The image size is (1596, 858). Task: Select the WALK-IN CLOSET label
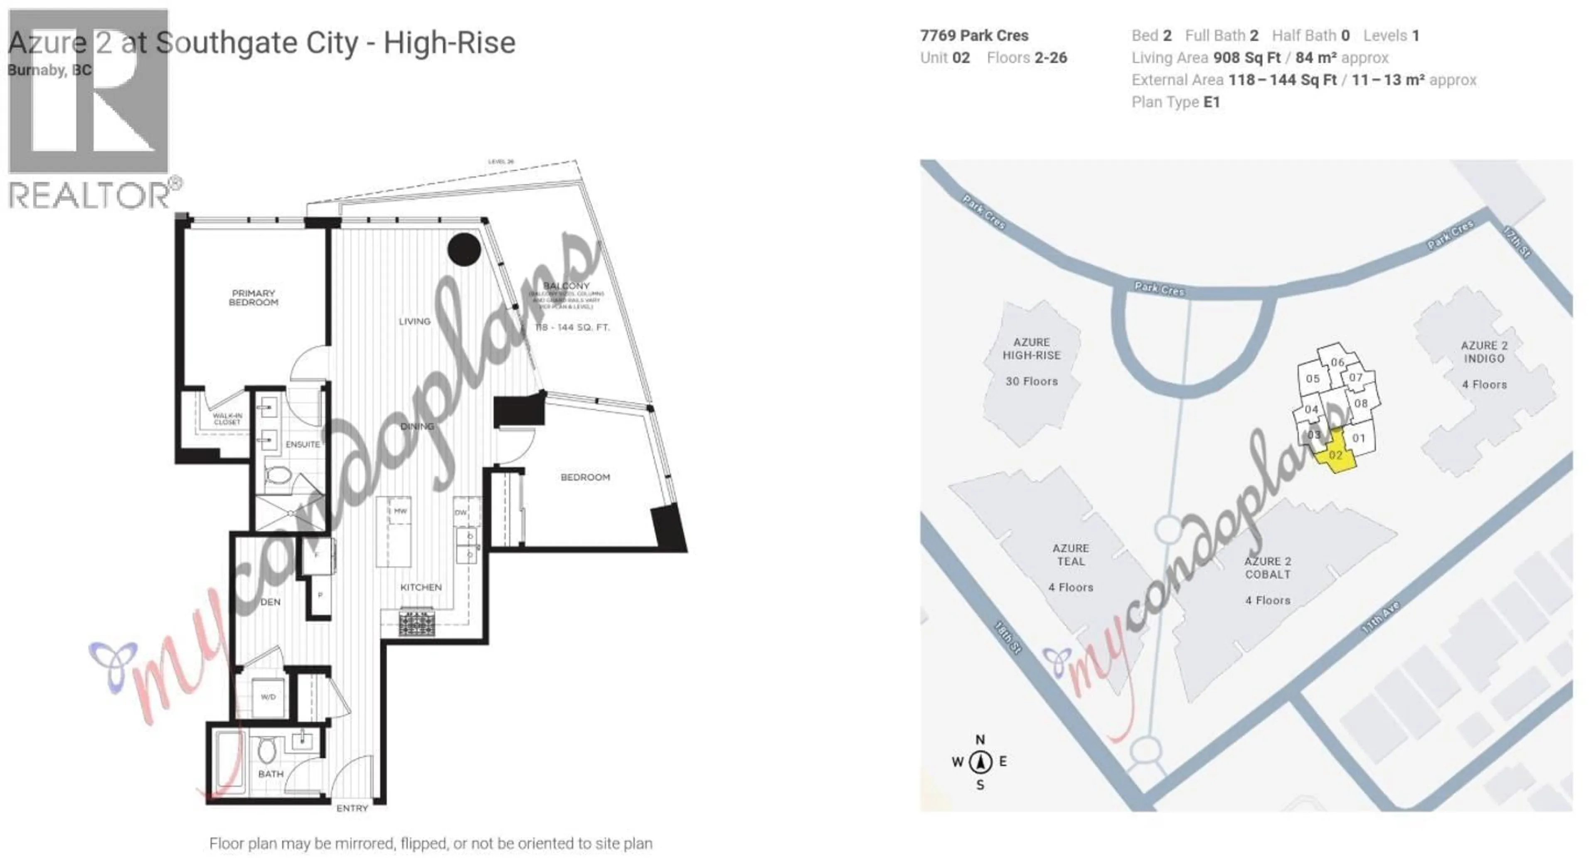click(x=227, y=419)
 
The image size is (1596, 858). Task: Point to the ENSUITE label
click(x=302, y=444)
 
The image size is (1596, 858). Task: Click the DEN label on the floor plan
click(x=270, y=602)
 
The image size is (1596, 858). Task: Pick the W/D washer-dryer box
click(x=268, y=697)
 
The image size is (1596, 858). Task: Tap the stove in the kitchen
click(x=417, y=623)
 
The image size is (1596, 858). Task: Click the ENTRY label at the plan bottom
click(x=352, y=808)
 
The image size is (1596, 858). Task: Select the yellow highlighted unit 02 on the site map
click(x=1336, y=456)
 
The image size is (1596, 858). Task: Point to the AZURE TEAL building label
click(x=1071, y=555)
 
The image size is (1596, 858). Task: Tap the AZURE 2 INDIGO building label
click(x=1484, y=352)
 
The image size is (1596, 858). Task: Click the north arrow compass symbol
click(x=980, y=762)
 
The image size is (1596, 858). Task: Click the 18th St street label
click(x=1008, y=637)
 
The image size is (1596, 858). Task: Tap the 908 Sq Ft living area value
click(x=1246, y=58)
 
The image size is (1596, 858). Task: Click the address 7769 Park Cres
click(x=974, y=35)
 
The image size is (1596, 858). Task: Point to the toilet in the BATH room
click(x=267, y=752)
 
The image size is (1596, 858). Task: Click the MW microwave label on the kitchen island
click(x=400, y=511)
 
